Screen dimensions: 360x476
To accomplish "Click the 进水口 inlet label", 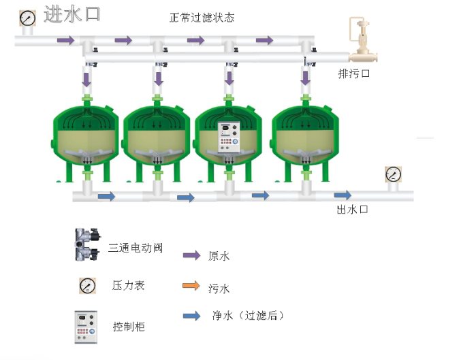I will pos(72,15).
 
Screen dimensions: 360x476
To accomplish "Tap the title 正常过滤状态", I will pos(202,18).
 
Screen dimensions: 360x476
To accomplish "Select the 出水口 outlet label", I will pos(353,209).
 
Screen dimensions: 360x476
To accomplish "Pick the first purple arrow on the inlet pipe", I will pos(65,41).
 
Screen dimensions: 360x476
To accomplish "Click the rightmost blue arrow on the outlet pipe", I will pos(343,196).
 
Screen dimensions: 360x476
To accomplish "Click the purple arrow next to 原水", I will pos(191,256).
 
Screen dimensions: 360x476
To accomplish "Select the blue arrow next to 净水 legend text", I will pos(191,316).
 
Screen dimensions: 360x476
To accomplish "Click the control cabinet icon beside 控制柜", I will pos(86,327).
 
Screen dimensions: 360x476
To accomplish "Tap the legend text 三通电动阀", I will pos(136,248).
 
